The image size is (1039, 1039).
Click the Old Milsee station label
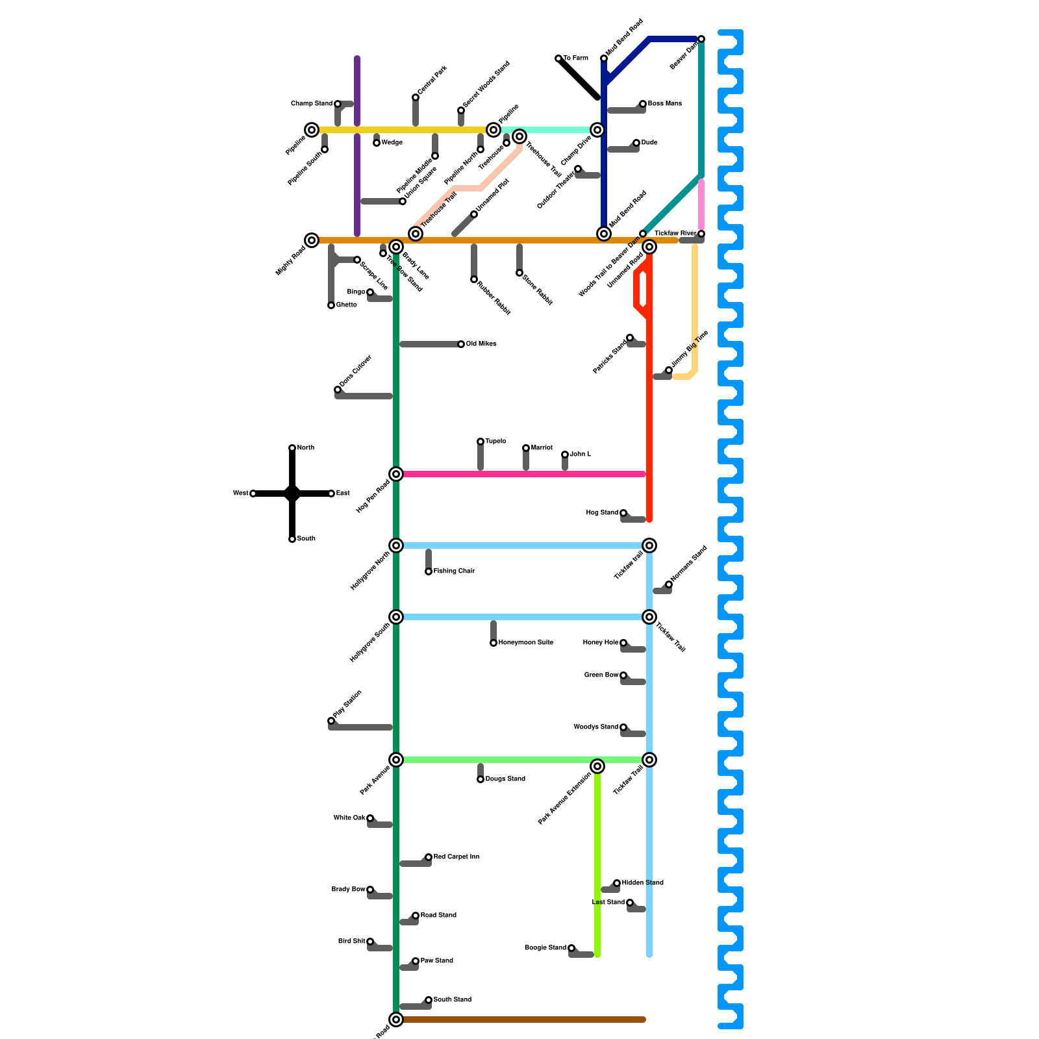[481, 344]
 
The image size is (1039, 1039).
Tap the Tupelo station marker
[481, 442]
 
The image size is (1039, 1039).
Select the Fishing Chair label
[454, 571]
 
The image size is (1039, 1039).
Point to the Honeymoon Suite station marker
[494, 643]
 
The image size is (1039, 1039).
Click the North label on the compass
[305, 448]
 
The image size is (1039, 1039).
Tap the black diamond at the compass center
[292, 494]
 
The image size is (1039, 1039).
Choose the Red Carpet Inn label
[456, 857]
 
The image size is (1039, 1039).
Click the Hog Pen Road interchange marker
[396, 474]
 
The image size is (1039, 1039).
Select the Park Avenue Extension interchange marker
[597, 766]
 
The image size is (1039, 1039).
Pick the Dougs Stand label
[505, 779]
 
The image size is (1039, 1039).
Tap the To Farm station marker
[558, 58]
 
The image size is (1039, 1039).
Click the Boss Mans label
[664, 104]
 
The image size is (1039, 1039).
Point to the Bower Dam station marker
[701, 39]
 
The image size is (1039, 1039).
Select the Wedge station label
[392, 143]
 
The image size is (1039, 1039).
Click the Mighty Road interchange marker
[312, 240]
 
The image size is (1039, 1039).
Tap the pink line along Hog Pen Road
[519, 474]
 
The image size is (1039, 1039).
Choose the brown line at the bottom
[519, 1020]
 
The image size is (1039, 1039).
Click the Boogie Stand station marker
[571, 948]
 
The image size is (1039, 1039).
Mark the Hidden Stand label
[642, 883]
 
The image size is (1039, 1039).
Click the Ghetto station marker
[331, 305]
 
